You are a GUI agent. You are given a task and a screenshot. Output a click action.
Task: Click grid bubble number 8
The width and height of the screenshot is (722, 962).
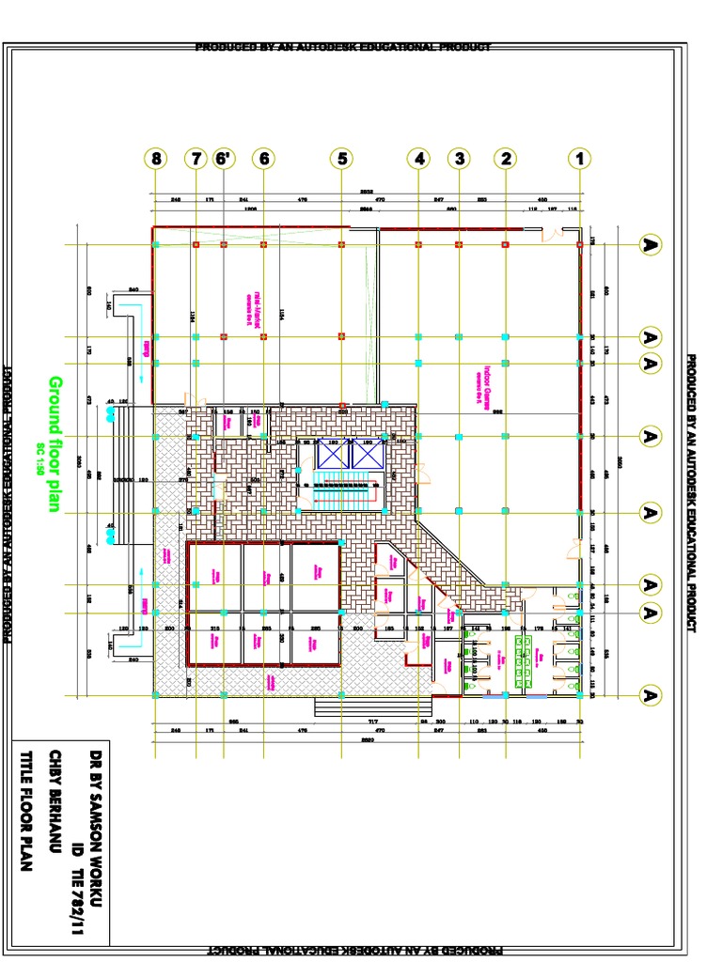point(156,159)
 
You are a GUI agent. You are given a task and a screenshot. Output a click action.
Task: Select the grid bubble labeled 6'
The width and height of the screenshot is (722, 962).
point(223,159)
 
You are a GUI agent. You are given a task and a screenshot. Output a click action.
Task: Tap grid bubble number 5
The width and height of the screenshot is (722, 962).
point(341,159)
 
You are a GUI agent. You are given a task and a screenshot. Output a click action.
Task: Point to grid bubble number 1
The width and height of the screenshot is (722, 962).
point(579,159)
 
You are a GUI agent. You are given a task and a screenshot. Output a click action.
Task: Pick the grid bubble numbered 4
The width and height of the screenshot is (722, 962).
point(418,159)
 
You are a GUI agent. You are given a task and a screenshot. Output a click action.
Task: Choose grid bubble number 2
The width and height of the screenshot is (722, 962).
point(506,159)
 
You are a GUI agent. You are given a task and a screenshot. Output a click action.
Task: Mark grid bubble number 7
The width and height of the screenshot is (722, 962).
point(196,159)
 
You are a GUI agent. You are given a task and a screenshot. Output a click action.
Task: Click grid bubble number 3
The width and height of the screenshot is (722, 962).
point(459,159)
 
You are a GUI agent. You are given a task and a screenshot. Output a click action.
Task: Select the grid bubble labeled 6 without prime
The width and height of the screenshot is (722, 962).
point(263,159)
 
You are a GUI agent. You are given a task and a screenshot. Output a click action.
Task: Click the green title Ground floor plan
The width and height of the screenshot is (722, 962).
point(55,444)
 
